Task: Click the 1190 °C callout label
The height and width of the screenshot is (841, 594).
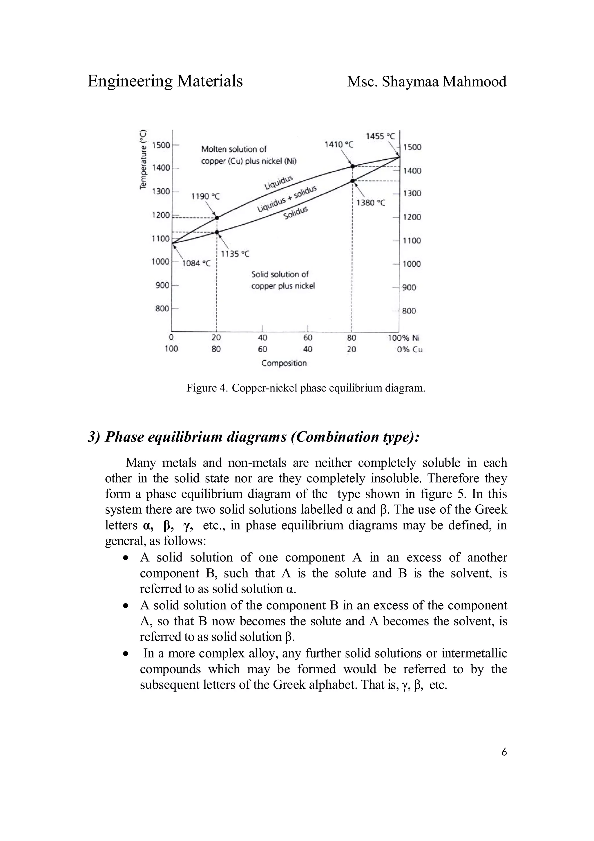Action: (205, 196)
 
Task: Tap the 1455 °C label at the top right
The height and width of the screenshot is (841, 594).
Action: (380, 136)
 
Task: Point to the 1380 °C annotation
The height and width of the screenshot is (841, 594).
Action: (371, 203)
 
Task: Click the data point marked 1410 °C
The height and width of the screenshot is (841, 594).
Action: (353, 166)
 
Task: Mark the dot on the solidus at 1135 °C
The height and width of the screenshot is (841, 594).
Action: (217, 232)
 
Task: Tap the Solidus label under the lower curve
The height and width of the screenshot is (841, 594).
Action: (296, 213)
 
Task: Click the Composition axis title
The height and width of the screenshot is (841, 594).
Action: (284, 363)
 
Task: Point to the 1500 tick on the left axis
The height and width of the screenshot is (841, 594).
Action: (161, 145)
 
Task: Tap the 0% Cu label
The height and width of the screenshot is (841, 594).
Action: (409, 349)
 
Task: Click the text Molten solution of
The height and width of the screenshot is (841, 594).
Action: (234, 149)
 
